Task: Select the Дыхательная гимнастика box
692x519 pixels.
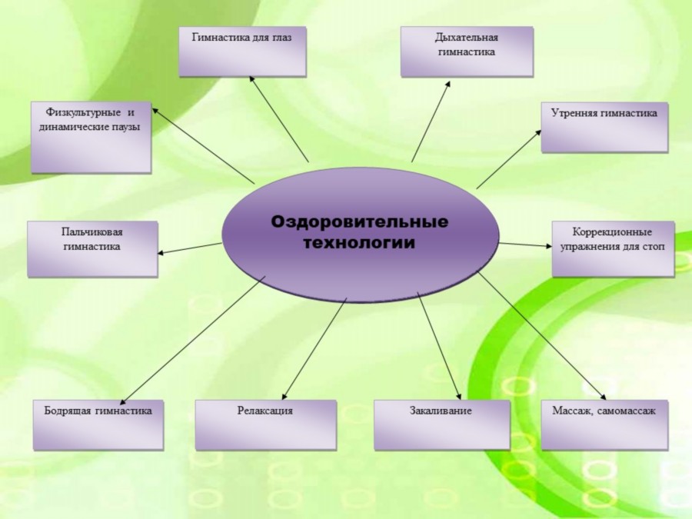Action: coord(466,52)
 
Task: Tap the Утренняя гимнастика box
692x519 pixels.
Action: coord(604,127)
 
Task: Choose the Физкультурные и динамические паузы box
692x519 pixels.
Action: coord(91,136)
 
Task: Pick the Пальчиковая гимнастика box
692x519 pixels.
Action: coord(92,248)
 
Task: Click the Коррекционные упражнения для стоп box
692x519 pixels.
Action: coord(613,248)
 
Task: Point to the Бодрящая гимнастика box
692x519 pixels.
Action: coord(98,424)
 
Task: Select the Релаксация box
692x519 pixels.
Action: coord(264,424)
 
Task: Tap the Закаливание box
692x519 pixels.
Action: coord(441,424)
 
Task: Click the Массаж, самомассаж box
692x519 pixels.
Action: coord(604,424)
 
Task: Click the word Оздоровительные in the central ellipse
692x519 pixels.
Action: coord(359,221)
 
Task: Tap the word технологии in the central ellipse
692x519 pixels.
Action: coord(359,243)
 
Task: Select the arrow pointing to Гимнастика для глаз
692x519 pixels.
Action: coord(279,118)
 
